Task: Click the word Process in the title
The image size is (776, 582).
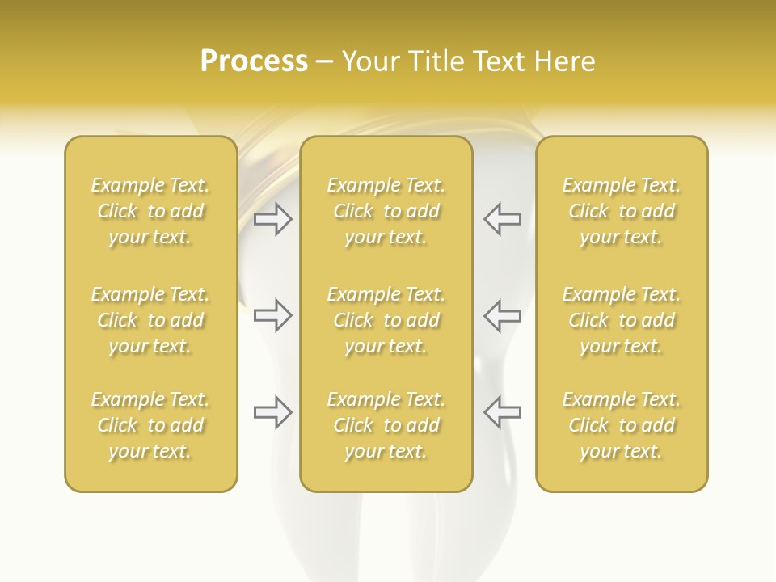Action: tap(254, 61)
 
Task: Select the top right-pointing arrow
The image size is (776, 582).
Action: tap(273, 218)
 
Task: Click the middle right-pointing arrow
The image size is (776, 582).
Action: tap(273, 315)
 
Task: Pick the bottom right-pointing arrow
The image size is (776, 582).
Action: tap(273, 412)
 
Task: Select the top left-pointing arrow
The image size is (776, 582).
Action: tap(502, 218)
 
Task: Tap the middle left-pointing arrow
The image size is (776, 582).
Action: tap(502, 315)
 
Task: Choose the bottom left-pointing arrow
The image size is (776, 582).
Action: tap(502, 412)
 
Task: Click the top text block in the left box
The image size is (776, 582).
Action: tap(150, 211)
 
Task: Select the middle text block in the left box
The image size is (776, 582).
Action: tap(150, 320)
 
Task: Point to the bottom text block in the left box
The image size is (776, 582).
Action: tap(150, 425)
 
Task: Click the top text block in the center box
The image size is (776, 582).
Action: tap(386, 211)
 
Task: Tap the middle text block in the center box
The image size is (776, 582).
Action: tap(386, 320)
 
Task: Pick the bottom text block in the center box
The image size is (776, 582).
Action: tap(386, 425)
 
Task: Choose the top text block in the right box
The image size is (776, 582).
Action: tap(621, 211)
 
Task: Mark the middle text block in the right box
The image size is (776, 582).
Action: tap(621, 320)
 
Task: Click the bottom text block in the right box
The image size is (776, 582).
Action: tap(621, 425)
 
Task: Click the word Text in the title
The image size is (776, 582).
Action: tap(500, 61)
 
